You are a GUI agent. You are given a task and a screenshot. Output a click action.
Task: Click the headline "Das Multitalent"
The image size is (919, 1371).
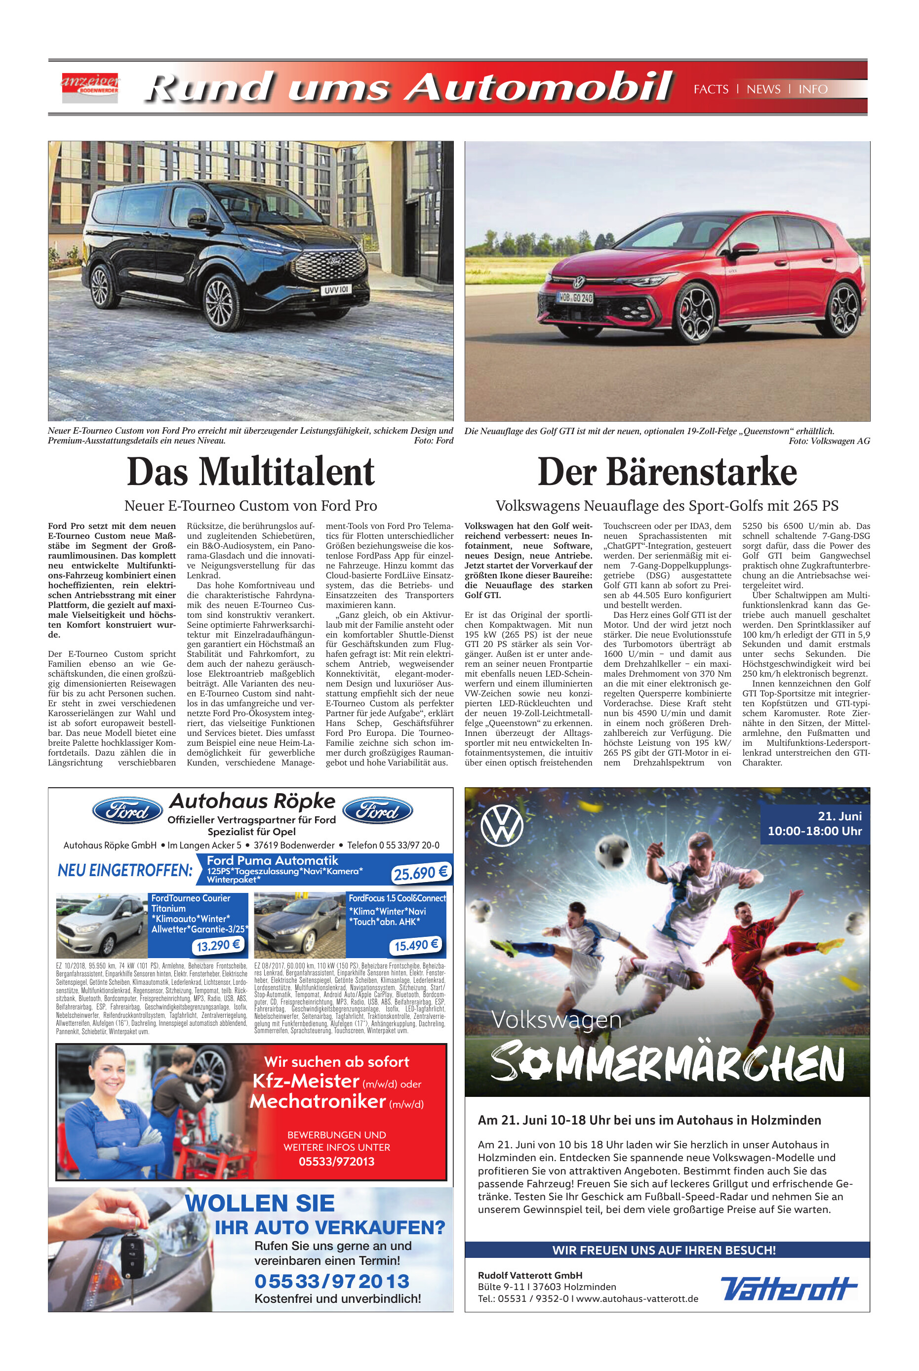click(250, 472)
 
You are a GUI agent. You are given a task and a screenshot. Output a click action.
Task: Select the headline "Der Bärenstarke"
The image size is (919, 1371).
click(667, 472)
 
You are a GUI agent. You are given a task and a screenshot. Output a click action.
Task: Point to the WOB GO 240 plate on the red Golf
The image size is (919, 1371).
click(574, 298)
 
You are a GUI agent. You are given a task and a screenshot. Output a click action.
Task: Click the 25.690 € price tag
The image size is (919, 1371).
click(420, 873)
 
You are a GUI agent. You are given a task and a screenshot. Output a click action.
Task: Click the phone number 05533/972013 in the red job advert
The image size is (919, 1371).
click(336, 1161)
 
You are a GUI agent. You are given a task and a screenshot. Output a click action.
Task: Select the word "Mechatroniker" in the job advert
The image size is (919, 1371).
click(318, 1101)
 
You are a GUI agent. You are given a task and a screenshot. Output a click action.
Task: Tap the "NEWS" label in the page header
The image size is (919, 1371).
click(763, 89)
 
